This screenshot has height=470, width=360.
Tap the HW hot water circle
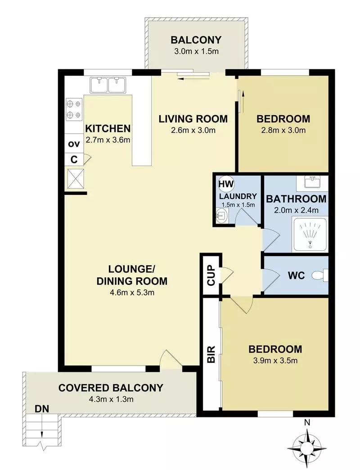224,184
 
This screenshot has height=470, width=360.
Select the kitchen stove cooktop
74,109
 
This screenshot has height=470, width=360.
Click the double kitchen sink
107,84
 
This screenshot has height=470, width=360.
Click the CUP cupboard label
211,276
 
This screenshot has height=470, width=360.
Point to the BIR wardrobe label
211,354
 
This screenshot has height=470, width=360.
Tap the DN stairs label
41,409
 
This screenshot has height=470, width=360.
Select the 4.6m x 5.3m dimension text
131,292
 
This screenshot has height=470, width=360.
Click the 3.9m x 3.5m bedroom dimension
275,360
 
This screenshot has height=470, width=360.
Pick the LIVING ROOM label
193,119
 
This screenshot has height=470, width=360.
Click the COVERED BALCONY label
111,388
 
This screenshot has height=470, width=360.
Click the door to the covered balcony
167,360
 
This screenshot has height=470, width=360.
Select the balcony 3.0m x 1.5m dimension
196,51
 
